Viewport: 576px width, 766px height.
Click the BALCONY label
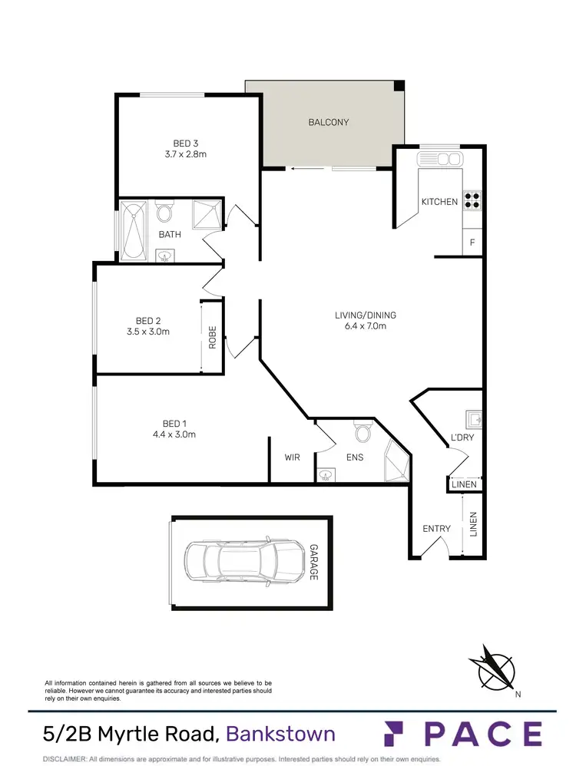329,122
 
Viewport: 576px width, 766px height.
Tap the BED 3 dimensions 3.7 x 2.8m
186,154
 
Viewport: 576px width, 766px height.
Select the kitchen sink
440,159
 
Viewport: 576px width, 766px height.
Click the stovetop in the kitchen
472,200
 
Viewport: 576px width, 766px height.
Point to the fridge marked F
472,243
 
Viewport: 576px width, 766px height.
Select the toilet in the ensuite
362,434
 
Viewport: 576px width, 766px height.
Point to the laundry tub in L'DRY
473,419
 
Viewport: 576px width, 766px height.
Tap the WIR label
292,457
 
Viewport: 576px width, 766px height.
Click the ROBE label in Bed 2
213,338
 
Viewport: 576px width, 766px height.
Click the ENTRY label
437,529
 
